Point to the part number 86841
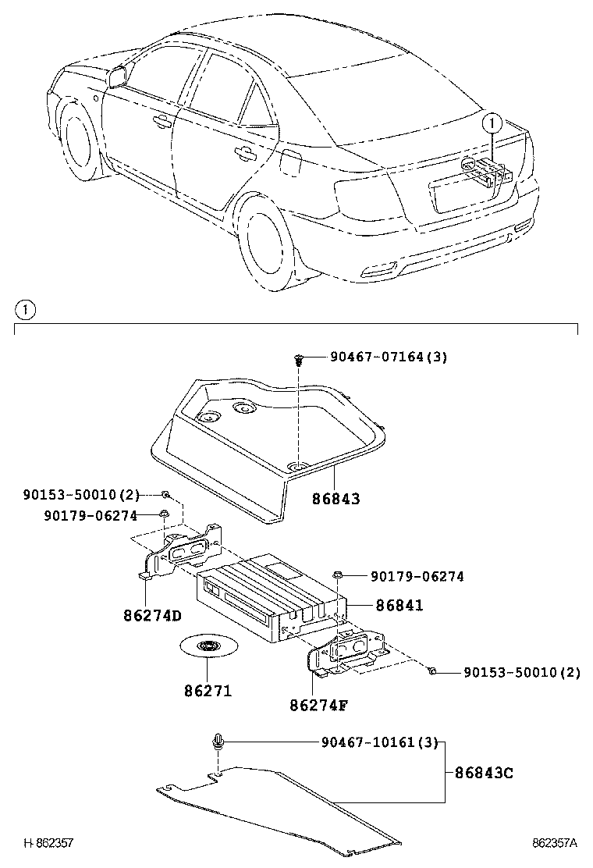point(399,605)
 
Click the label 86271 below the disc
point(208,691)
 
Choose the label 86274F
point(318,705)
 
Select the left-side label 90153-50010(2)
point(80,494)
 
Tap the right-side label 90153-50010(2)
point(522,672)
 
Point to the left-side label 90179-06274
point(91,515)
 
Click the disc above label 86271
point(208,646)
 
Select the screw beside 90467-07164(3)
point(299,359)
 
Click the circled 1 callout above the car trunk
point(491,123)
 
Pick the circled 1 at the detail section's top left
point(24,310)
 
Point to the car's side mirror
point(118,76)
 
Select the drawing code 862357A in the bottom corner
point(554,843)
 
